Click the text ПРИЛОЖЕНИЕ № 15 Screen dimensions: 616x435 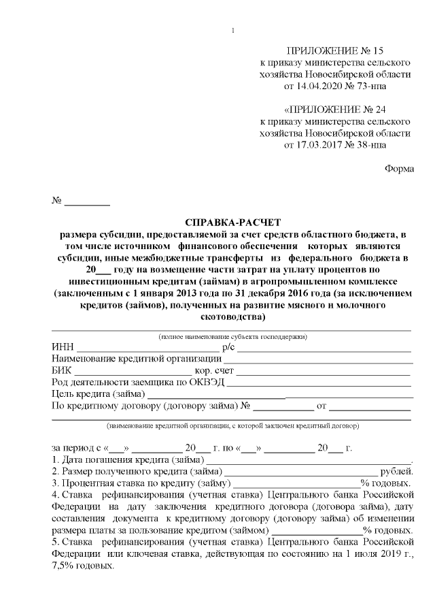(x=335, y=50)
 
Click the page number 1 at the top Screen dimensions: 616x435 (x=233, y=30)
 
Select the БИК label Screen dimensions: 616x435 (x=61, y=372)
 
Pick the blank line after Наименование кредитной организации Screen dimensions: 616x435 (x=317, y=359)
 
